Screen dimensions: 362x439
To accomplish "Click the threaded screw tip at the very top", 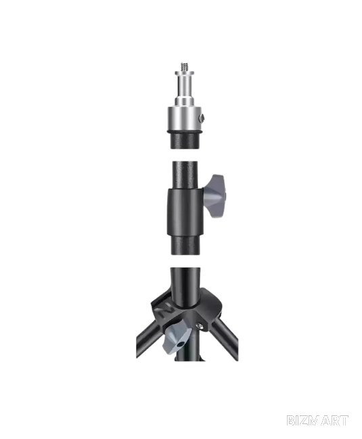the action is pyautogui.click(x=185, y=67).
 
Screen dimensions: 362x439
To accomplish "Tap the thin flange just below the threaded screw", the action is pyautogui.click(x=185, y=74).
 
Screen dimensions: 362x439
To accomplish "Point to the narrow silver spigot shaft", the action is pyautogui.click(x=185, y=86).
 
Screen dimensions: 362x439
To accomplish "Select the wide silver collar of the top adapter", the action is pyautogui.click(x=185, y=118).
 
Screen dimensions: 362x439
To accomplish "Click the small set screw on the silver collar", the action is pyautogui.click(x=202, y=118).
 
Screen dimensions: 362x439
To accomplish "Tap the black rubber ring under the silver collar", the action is pyautogui.click(x=185, y=132).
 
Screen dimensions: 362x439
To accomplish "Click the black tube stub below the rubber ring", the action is pyautogui.click(x=185, y=142).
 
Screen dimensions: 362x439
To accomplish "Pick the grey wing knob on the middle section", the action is pyautogui.click(x=214, y=192).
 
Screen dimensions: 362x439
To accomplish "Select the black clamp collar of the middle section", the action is pyautogui.click(x=185, y=212).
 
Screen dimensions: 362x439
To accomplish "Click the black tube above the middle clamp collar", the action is pyautogui.click(x=185, y=175).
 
